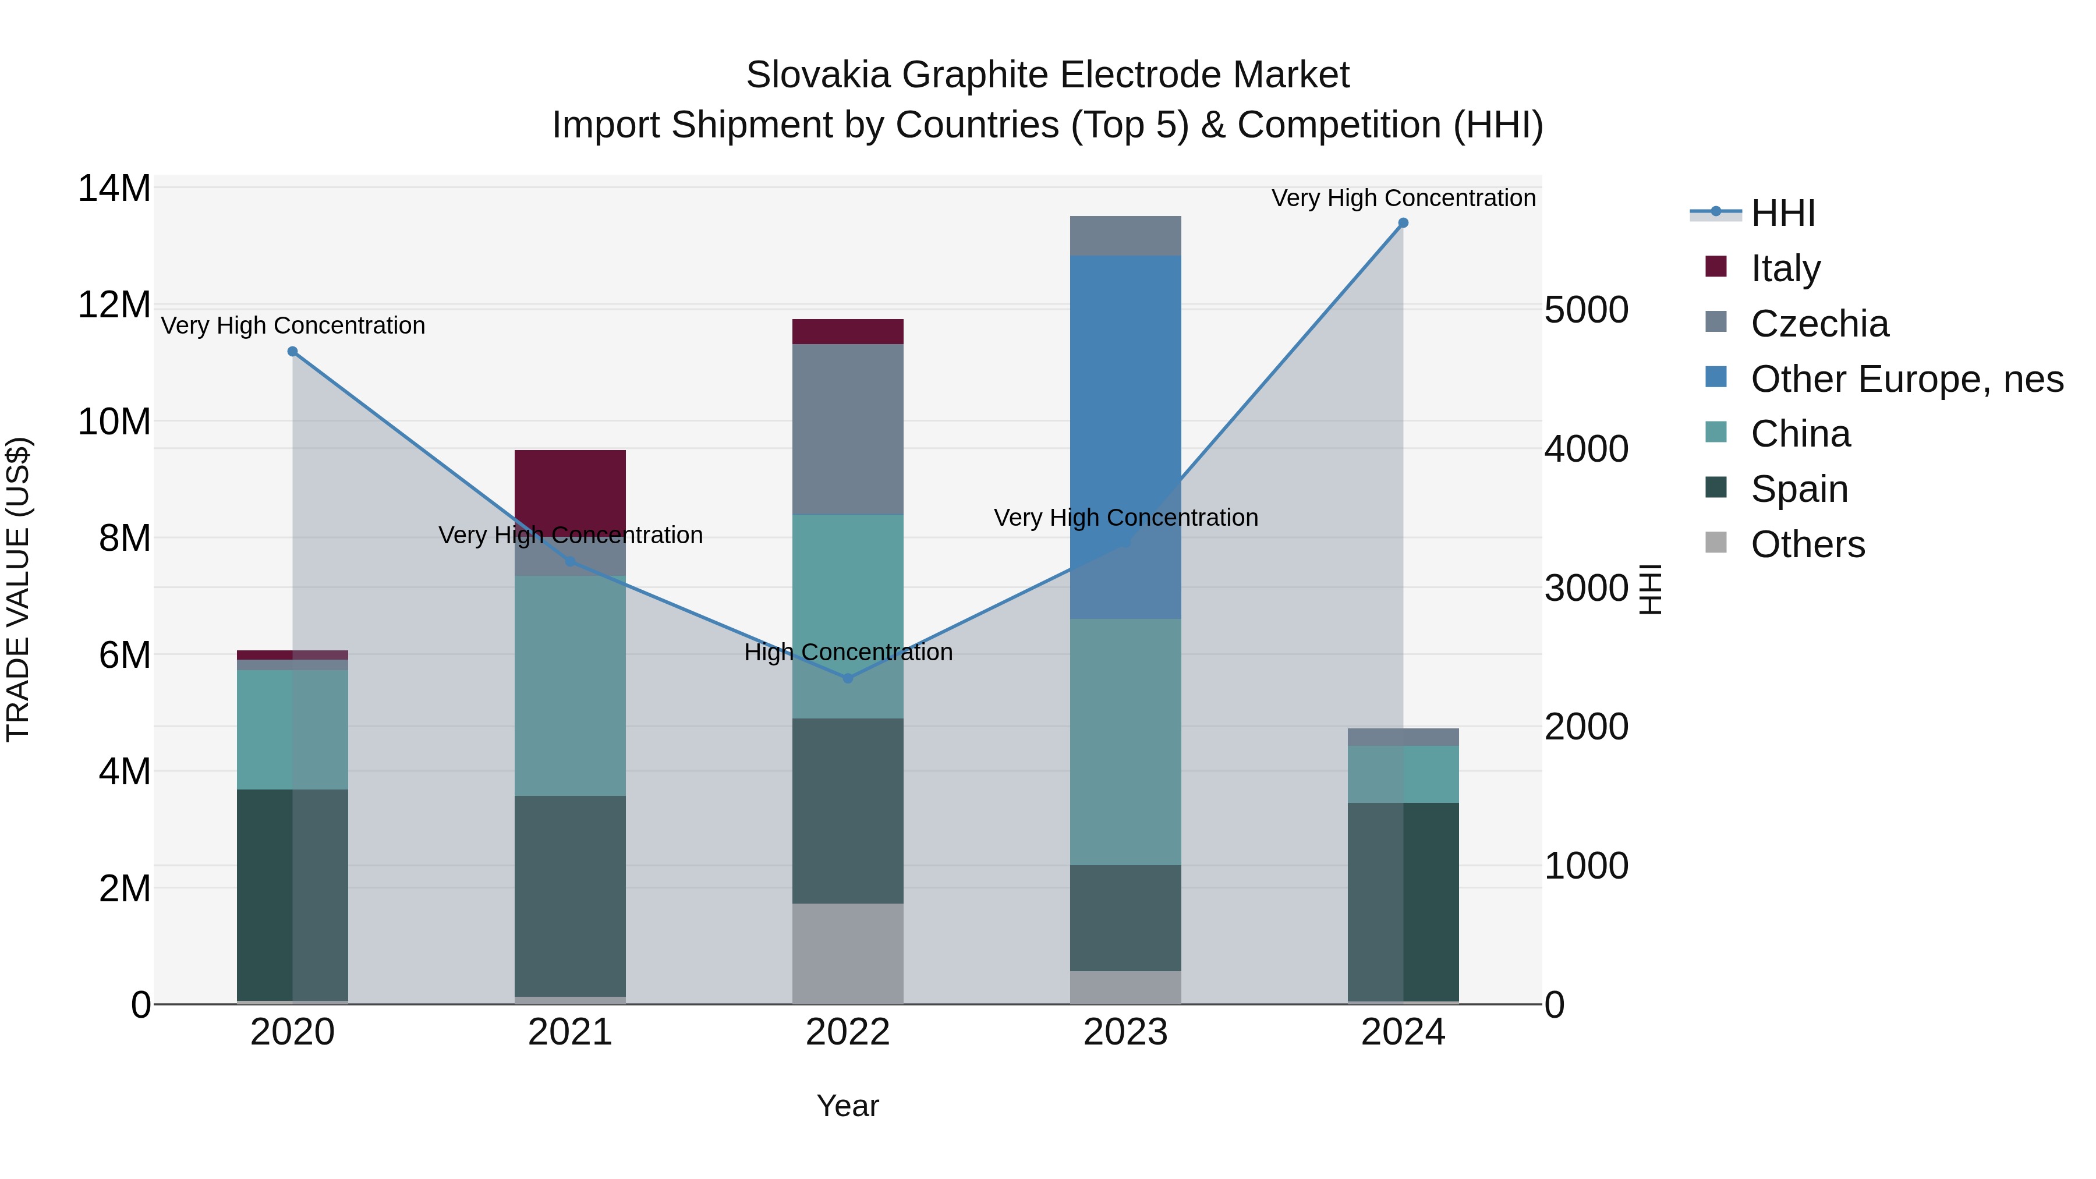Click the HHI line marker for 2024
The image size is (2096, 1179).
coord(1403,223)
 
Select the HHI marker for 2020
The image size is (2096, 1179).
coord(293,352)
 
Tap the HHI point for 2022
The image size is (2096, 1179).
coord(848,678)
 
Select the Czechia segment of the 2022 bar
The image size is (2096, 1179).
coord(848,429)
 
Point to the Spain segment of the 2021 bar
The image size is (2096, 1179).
coord(571,895)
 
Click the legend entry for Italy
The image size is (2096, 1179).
coord(1785,268)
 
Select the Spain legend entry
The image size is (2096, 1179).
coord(1798,489)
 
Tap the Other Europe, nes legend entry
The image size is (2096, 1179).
coord(1906,379)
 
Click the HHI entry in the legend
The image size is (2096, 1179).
coord(1782,213)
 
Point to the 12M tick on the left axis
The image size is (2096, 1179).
coord(114,305)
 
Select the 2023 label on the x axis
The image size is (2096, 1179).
coord(1125,1032)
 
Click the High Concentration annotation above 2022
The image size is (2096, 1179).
coord(848,652)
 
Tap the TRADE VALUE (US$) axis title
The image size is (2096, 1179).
coord(18,589)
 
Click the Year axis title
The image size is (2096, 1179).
coord(848,1106)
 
